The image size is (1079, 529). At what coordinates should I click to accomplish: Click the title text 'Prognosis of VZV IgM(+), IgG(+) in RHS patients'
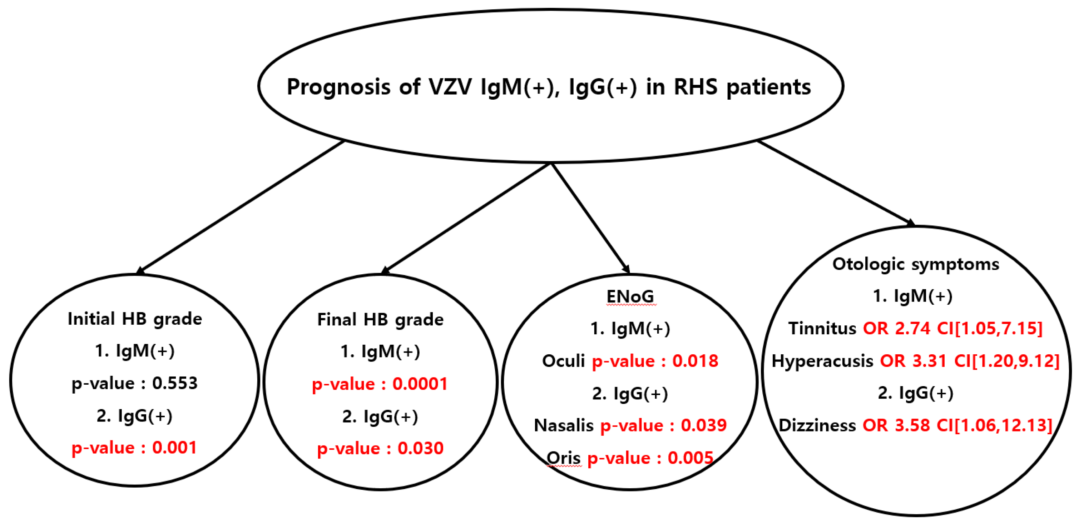(x=549, y=87)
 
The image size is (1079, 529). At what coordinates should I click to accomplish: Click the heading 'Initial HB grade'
(x=135, y=319)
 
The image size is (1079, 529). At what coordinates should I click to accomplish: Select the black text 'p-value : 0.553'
(x=135, y=383)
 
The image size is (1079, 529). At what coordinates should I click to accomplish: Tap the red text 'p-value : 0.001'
(x=134, y=448)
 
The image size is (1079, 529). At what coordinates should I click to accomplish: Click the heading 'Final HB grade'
(x=380, y=320)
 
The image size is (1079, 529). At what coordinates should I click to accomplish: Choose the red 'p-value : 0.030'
(x=380, y=449)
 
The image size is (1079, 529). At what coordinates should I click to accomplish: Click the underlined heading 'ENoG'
(x=630, y=297)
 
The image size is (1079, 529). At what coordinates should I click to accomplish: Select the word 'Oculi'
(x=563, y=361)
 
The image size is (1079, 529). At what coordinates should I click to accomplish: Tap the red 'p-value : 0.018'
(x=655, y=361)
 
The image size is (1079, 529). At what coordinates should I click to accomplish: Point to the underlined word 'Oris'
(x=563, y=458)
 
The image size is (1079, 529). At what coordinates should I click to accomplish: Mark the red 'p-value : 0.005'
(x=650, y=458)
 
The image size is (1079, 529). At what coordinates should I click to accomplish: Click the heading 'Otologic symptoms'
(x=916, y=264)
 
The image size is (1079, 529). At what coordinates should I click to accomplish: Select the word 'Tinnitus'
(x=822, y=329)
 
